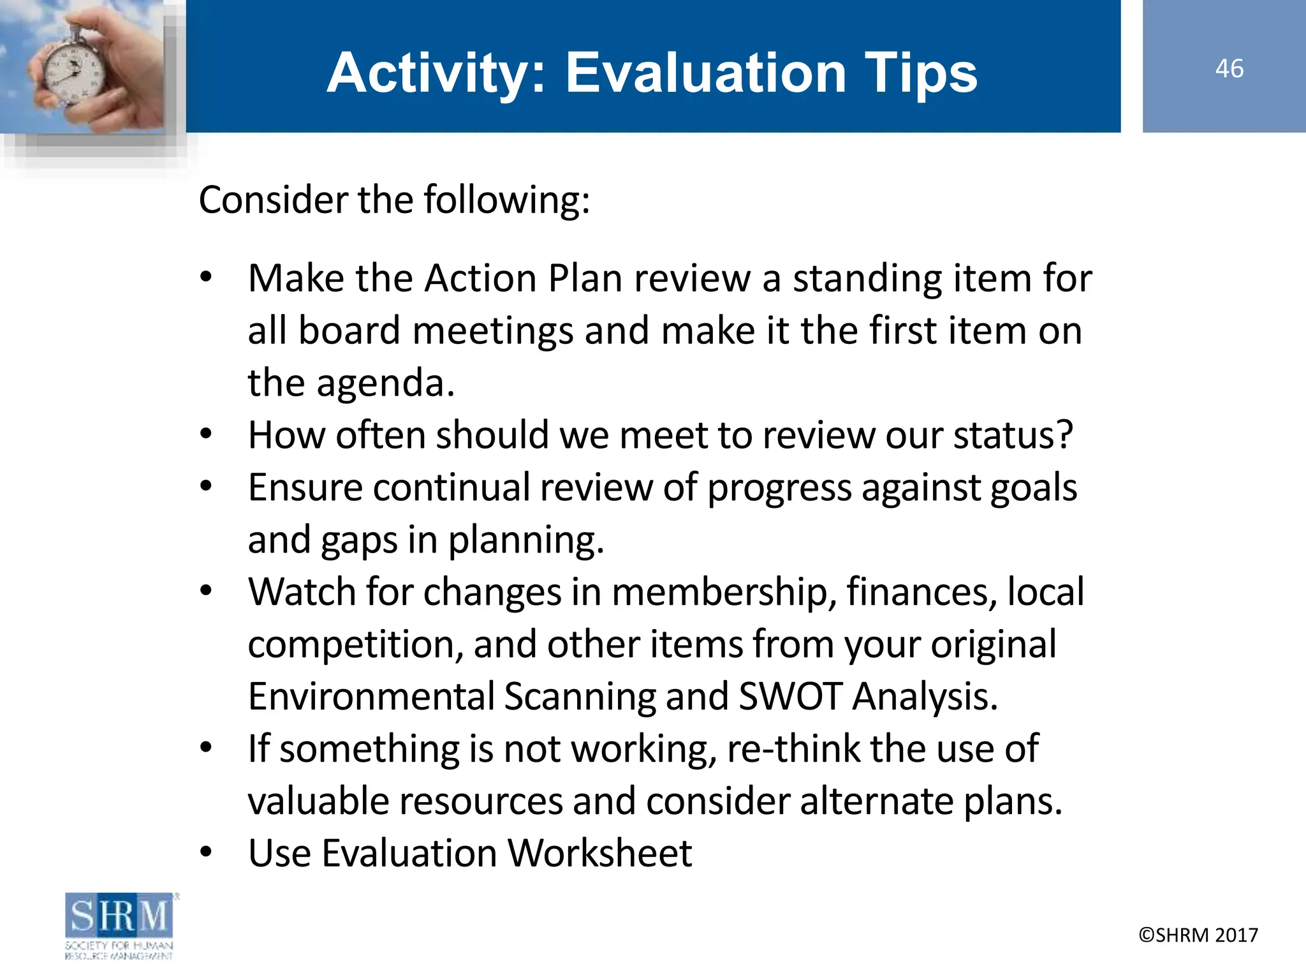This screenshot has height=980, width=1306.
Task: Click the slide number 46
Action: coord(1229,68)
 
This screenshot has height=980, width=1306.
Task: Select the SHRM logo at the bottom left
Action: coord(119,925)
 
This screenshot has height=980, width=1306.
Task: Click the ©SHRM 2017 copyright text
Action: coord(1198,935)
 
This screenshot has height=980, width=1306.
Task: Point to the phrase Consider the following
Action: coord(394,200)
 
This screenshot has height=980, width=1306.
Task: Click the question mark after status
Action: coord(1065,435)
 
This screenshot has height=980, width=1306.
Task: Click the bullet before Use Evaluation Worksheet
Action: coord(205,852)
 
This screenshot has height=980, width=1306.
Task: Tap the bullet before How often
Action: coord(205,434)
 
